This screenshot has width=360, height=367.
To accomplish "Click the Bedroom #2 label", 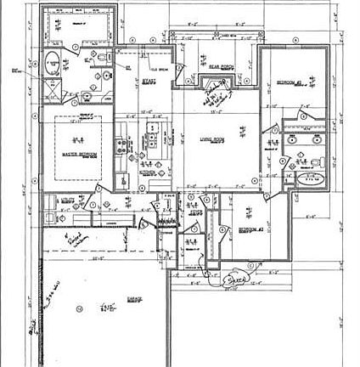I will (288, 82).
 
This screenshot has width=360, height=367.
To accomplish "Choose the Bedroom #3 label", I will (250, 230).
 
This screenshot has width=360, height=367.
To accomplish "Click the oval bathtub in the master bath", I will (53, 63).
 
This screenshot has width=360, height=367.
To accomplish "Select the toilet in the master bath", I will (103, 58).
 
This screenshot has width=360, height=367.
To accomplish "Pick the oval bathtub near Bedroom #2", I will (313, 179).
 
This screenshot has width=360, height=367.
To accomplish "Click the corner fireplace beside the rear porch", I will (211, 86).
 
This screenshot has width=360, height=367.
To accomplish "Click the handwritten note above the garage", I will (76, 240).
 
